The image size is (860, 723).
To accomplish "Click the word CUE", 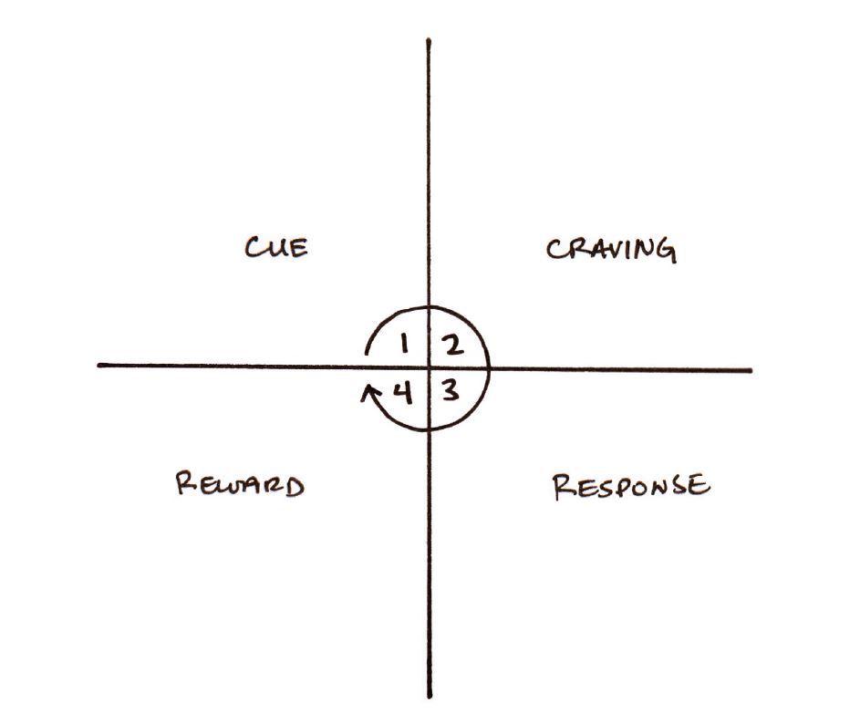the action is pos(276,247).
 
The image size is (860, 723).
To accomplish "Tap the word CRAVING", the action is pos(611,249).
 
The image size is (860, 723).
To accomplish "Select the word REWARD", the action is pos(239,484).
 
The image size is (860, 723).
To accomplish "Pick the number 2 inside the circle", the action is pos(453,345).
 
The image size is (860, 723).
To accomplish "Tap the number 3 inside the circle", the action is pos(450,393).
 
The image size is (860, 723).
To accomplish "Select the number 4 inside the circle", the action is pos(402,393).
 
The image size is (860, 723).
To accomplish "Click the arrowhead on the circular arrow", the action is pos(368,390).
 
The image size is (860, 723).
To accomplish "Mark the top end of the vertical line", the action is pos(428,40).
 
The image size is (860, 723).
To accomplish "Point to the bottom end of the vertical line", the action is pos(430,697).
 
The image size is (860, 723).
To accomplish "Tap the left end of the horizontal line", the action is pos(98,366).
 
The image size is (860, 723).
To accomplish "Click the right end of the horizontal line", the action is pos(751,371).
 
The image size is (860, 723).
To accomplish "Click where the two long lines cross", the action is pos(429,368).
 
